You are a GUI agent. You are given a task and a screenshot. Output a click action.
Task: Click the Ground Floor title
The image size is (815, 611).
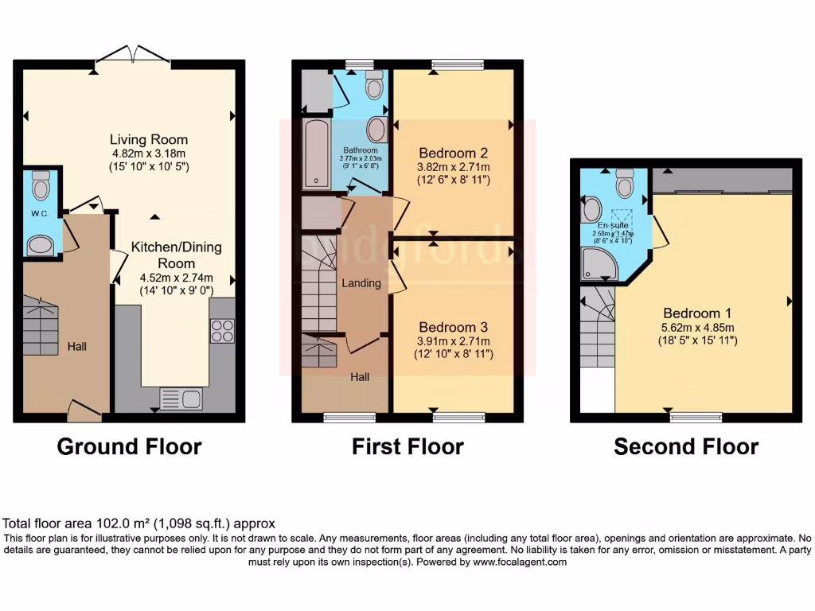[129, 447]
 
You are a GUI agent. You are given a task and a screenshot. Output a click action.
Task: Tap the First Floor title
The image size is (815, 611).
[407, 447]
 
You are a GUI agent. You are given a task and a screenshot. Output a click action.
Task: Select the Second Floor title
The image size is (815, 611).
[685, 447]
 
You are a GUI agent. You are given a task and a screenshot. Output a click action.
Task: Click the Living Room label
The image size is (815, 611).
[149, 139]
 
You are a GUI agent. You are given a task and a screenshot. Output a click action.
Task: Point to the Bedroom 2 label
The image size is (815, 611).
[453, 153]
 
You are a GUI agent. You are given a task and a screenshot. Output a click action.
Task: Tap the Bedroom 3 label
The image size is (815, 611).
[453, 327]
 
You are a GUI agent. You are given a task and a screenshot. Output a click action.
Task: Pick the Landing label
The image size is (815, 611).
[361, 283]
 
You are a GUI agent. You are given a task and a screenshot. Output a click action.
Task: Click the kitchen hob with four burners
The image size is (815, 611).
[222, 330]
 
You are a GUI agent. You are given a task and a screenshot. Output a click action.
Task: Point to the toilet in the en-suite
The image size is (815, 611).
[625, 184]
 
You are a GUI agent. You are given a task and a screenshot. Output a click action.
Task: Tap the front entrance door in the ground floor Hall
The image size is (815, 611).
[84, 411]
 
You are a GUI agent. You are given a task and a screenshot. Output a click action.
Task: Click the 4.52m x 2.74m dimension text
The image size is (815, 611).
[165, 278]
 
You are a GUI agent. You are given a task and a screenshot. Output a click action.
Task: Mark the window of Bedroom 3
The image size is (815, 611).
[458, 416]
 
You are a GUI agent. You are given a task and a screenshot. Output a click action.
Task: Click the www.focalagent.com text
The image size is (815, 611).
[520, 562]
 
